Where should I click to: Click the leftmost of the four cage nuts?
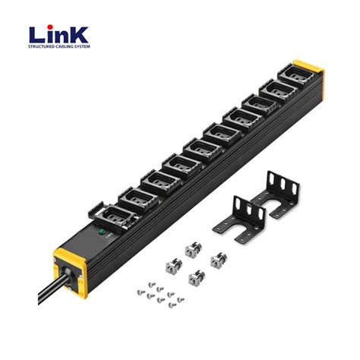pyautogui.click(x=171, y=264)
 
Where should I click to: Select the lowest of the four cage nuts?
pyautogui.click(x=195, y=276)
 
